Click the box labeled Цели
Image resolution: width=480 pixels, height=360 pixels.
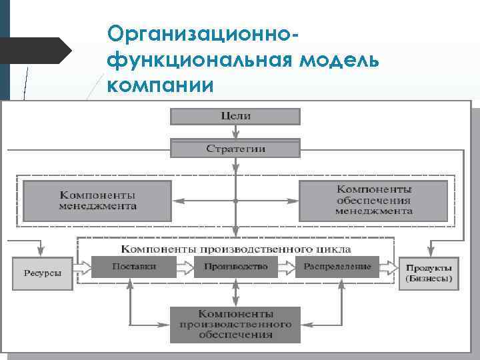click(235, 116)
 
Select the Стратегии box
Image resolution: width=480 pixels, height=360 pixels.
click(235, 148)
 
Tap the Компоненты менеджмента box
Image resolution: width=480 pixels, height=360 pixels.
click(98, 201)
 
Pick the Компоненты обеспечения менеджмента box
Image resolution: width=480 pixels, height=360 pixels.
click(373, 201)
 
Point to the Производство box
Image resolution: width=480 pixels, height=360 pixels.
click(235, 267)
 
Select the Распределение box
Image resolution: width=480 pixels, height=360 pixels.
click(337, 267)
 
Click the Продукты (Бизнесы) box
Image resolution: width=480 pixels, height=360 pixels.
click(429, 273)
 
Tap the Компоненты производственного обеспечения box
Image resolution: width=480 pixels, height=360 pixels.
click(235, 324)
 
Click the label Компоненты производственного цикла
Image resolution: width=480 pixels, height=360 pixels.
click(235, 249)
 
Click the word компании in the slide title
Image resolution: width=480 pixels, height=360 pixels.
click(160, 86)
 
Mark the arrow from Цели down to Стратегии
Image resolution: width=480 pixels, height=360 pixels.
click(235, 132)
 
